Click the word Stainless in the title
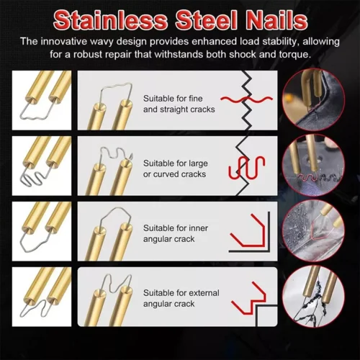111,20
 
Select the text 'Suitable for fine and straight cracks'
179,104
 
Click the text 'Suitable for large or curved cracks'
176,168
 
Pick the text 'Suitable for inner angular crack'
176,233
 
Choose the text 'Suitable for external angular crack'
181,298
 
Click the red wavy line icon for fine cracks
246,99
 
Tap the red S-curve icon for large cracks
246,168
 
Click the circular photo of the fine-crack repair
313,100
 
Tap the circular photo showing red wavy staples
313,166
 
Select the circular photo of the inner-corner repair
313,231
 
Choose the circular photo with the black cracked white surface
313,296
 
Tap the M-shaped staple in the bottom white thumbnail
34,306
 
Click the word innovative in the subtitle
64,42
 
